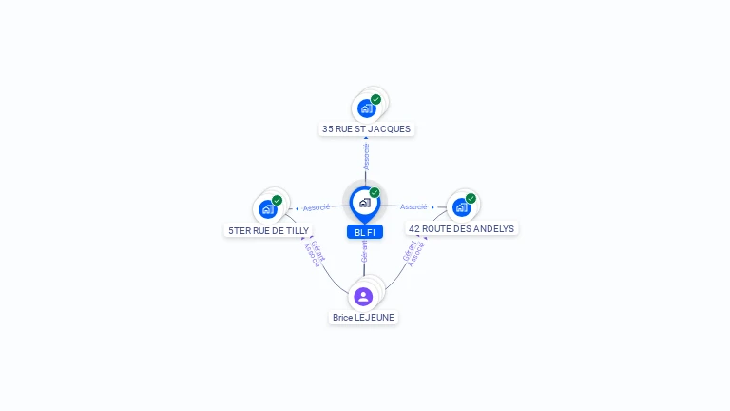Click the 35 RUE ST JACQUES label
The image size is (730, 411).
[366, 129]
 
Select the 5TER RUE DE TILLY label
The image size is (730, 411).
[269, 230]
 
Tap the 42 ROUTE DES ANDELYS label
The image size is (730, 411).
[461, 228]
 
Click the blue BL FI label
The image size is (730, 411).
[365, 232]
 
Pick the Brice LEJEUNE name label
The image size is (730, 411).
[363, 318]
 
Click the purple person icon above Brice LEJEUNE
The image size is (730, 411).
[363, 297]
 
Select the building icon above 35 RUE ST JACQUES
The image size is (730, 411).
[367, 108]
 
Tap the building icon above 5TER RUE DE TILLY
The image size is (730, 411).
[268, 209]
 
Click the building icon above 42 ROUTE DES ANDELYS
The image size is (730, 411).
[462, 207]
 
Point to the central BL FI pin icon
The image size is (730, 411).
[365, 205]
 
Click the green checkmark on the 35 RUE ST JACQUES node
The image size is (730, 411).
[375, 99]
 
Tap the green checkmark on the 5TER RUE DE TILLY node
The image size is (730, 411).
[277, 201]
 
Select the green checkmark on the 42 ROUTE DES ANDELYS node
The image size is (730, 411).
[471, 199]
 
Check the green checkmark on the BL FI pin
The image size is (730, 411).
[375, 192]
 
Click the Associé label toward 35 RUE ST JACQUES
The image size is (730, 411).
[366, 157]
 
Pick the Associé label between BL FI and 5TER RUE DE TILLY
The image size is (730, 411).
[317, 207]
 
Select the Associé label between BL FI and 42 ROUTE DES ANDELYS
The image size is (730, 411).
[413, 206]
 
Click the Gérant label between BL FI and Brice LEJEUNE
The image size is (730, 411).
[365, 251]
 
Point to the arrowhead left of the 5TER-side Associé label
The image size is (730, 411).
[297, 208]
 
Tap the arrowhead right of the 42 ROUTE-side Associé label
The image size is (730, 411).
[432, 207]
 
